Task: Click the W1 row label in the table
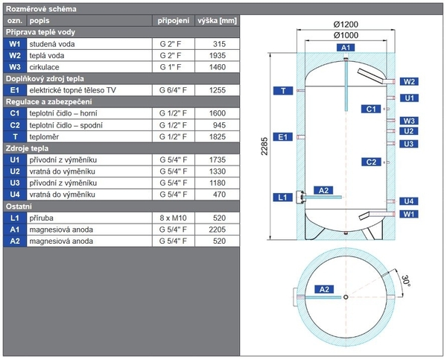[15, 44]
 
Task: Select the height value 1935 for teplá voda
[218, 56]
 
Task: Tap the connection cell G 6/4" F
[173, 90]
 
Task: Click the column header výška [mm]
[217, 21]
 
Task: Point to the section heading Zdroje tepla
[27, 148]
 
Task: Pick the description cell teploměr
[44, 137]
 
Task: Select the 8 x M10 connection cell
[173, 218]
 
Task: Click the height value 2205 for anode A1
[218, 230]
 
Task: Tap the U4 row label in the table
[15, 195]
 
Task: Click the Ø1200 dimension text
[346, 25]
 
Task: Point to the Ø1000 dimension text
[346, 35]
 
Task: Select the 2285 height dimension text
[264, 146]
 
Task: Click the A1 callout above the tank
[346, 48]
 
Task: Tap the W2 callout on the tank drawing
[409, 81]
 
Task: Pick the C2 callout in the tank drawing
[371, 162]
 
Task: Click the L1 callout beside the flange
[282, 198]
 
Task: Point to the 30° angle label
[406, 281]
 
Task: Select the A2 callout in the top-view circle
[324, 289]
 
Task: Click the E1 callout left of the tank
[283, 137]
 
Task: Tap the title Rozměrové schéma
[41, 9]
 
